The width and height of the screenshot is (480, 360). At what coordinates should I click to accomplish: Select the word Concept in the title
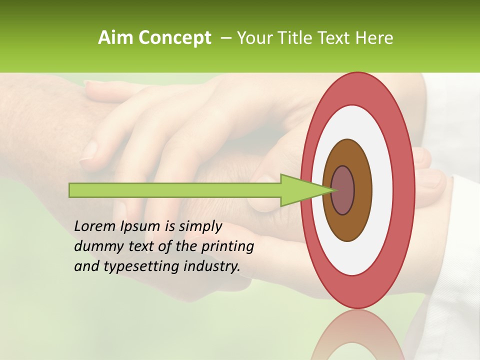click(174, 38)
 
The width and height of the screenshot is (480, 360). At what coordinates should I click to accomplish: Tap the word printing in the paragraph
click(227, 246)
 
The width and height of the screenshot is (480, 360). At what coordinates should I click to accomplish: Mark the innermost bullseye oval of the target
click(343, 190)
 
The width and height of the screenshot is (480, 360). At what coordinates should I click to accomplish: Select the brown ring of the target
click(362, 190)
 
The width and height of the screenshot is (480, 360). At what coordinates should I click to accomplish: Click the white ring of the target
click(382, 190)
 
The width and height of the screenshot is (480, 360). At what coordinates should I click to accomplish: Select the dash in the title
click(225, 38)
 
